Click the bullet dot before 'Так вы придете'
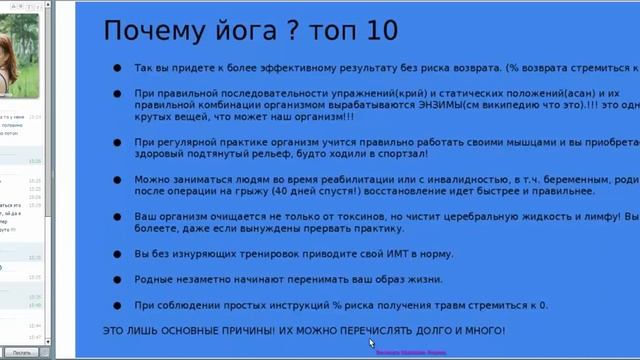pyautogui.click(x=117, y=68)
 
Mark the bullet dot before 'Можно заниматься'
pyautogui.click(x=117, y=179)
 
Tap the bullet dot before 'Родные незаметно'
pyautogui.click(x=117, y=279)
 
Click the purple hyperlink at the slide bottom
pyautogui.click(x=410, y=352)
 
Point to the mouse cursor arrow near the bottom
pyautogui.click(x=373, y=348)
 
